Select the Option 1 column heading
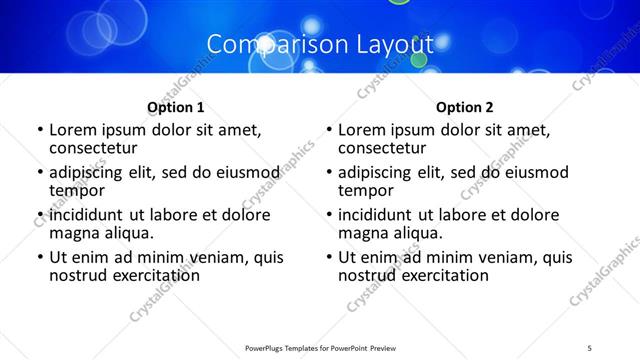pos(175,107)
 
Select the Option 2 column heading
pos(465,107)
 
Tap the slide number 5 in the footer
pos(590,347)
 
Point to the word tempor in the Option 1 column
pos(75,191)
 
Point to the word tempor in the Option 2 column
pos(364,191)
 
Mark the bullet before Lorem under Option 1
pos(39,131)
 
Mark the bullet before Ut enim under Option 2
pos(329,258)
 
